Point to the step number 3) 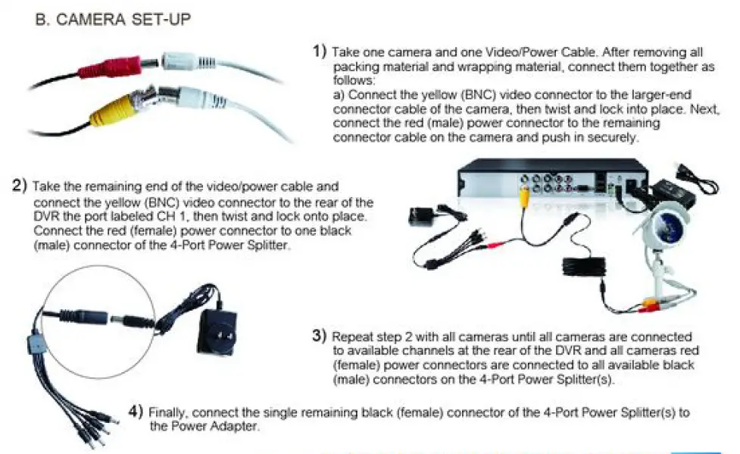[x=320, y=335]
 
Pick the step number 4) [x=136, y=412]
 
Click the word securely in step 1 [x=618, y=139]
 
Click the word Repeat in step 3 [x=351, y=336]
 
